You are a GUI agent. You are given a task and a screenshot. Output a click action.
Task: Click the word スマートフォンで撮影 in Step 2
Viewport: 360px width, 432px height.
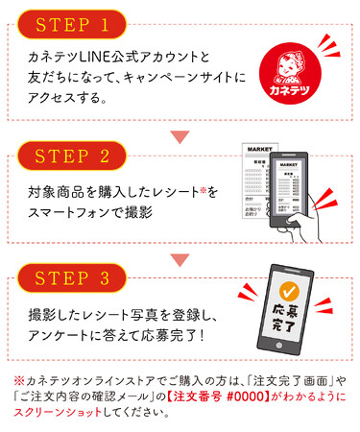point(93,211)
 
